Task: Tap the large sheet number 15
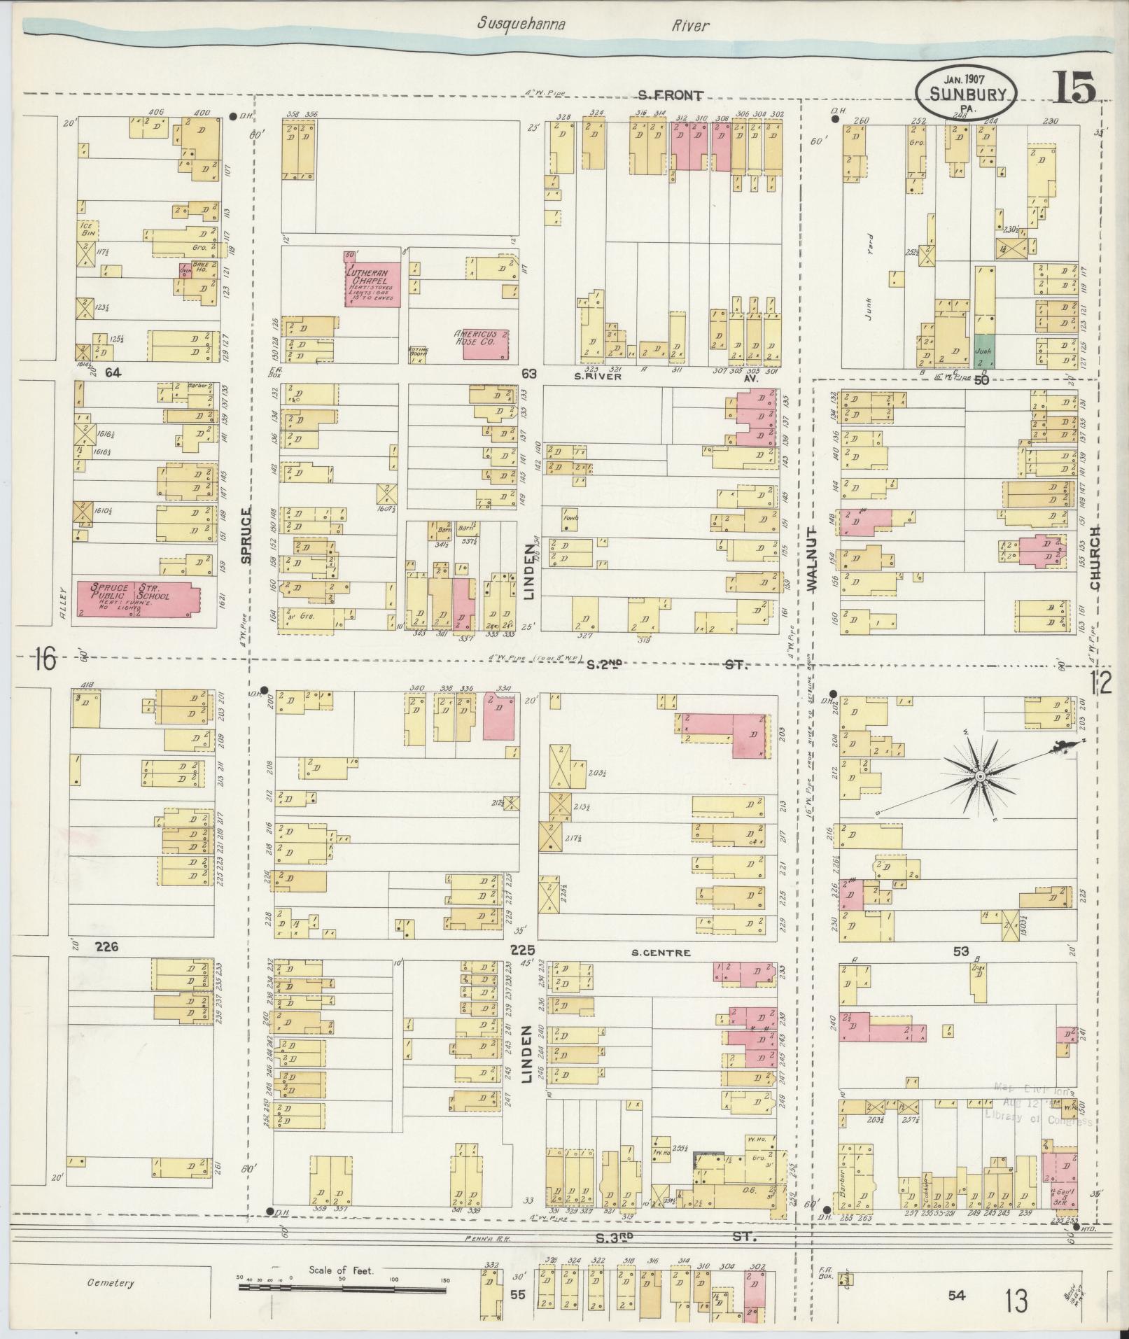pos(1072,89)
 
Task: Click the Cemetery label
pos(110,1283)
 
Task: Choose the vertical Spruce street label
pos(245,536)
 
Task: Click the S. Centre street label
pos(661,953)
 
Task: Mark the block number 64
pos(113,373)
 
